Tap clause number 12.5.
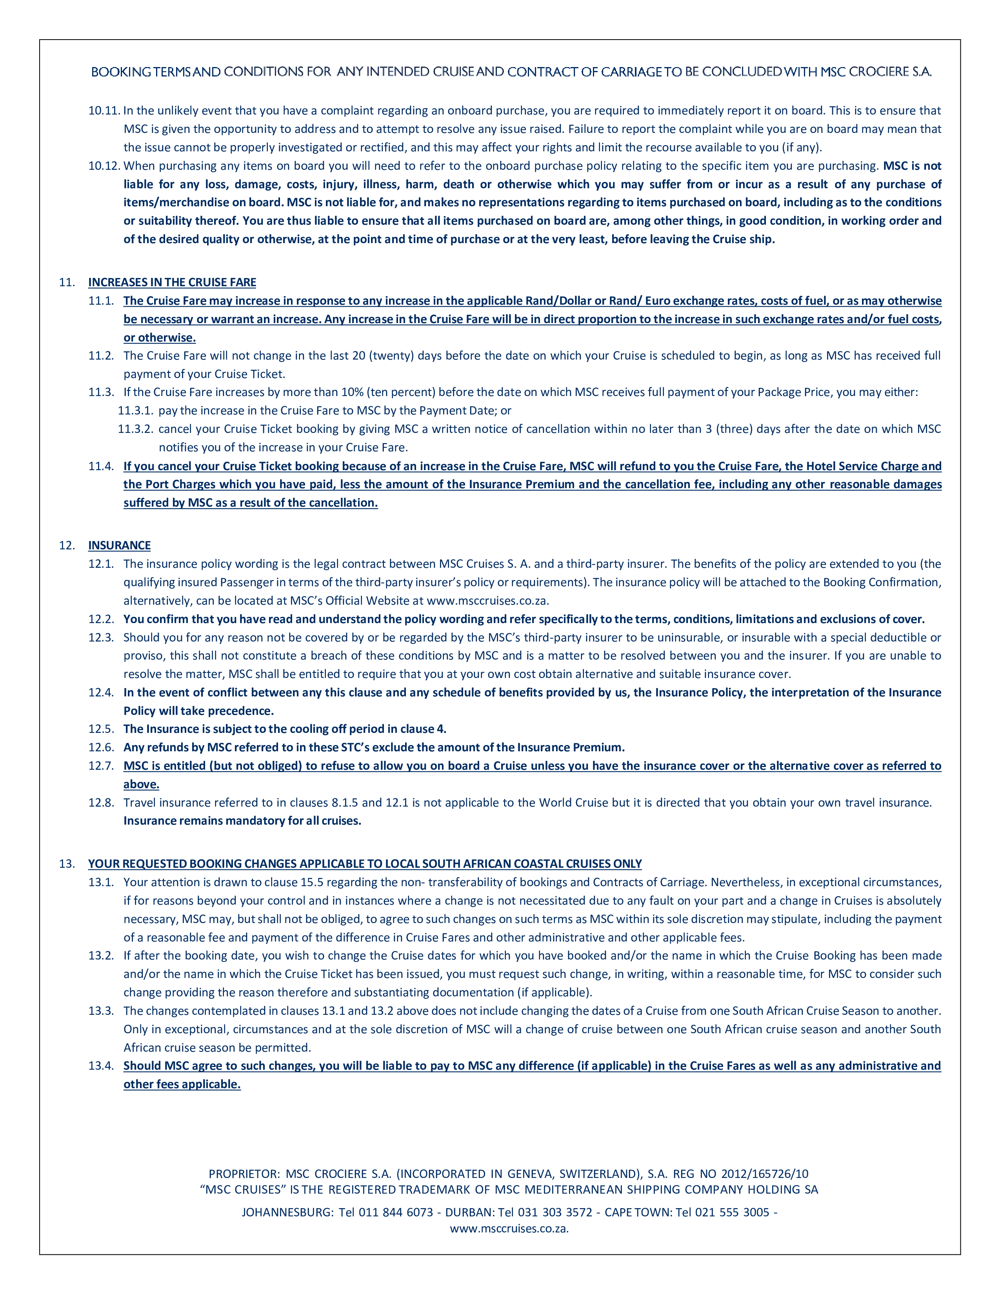(x=101, y=729)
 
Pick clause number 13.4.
(x=101, y=1066)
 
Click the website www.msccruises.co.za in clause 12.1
(x=487, y=601)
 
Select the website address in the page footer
(x=509, y=1228)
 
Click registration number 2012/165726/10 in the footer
(x=764, y=1174)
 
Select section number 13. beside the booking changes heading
(x=66, y=864)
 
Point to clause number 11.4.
(x=101, y=466)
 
